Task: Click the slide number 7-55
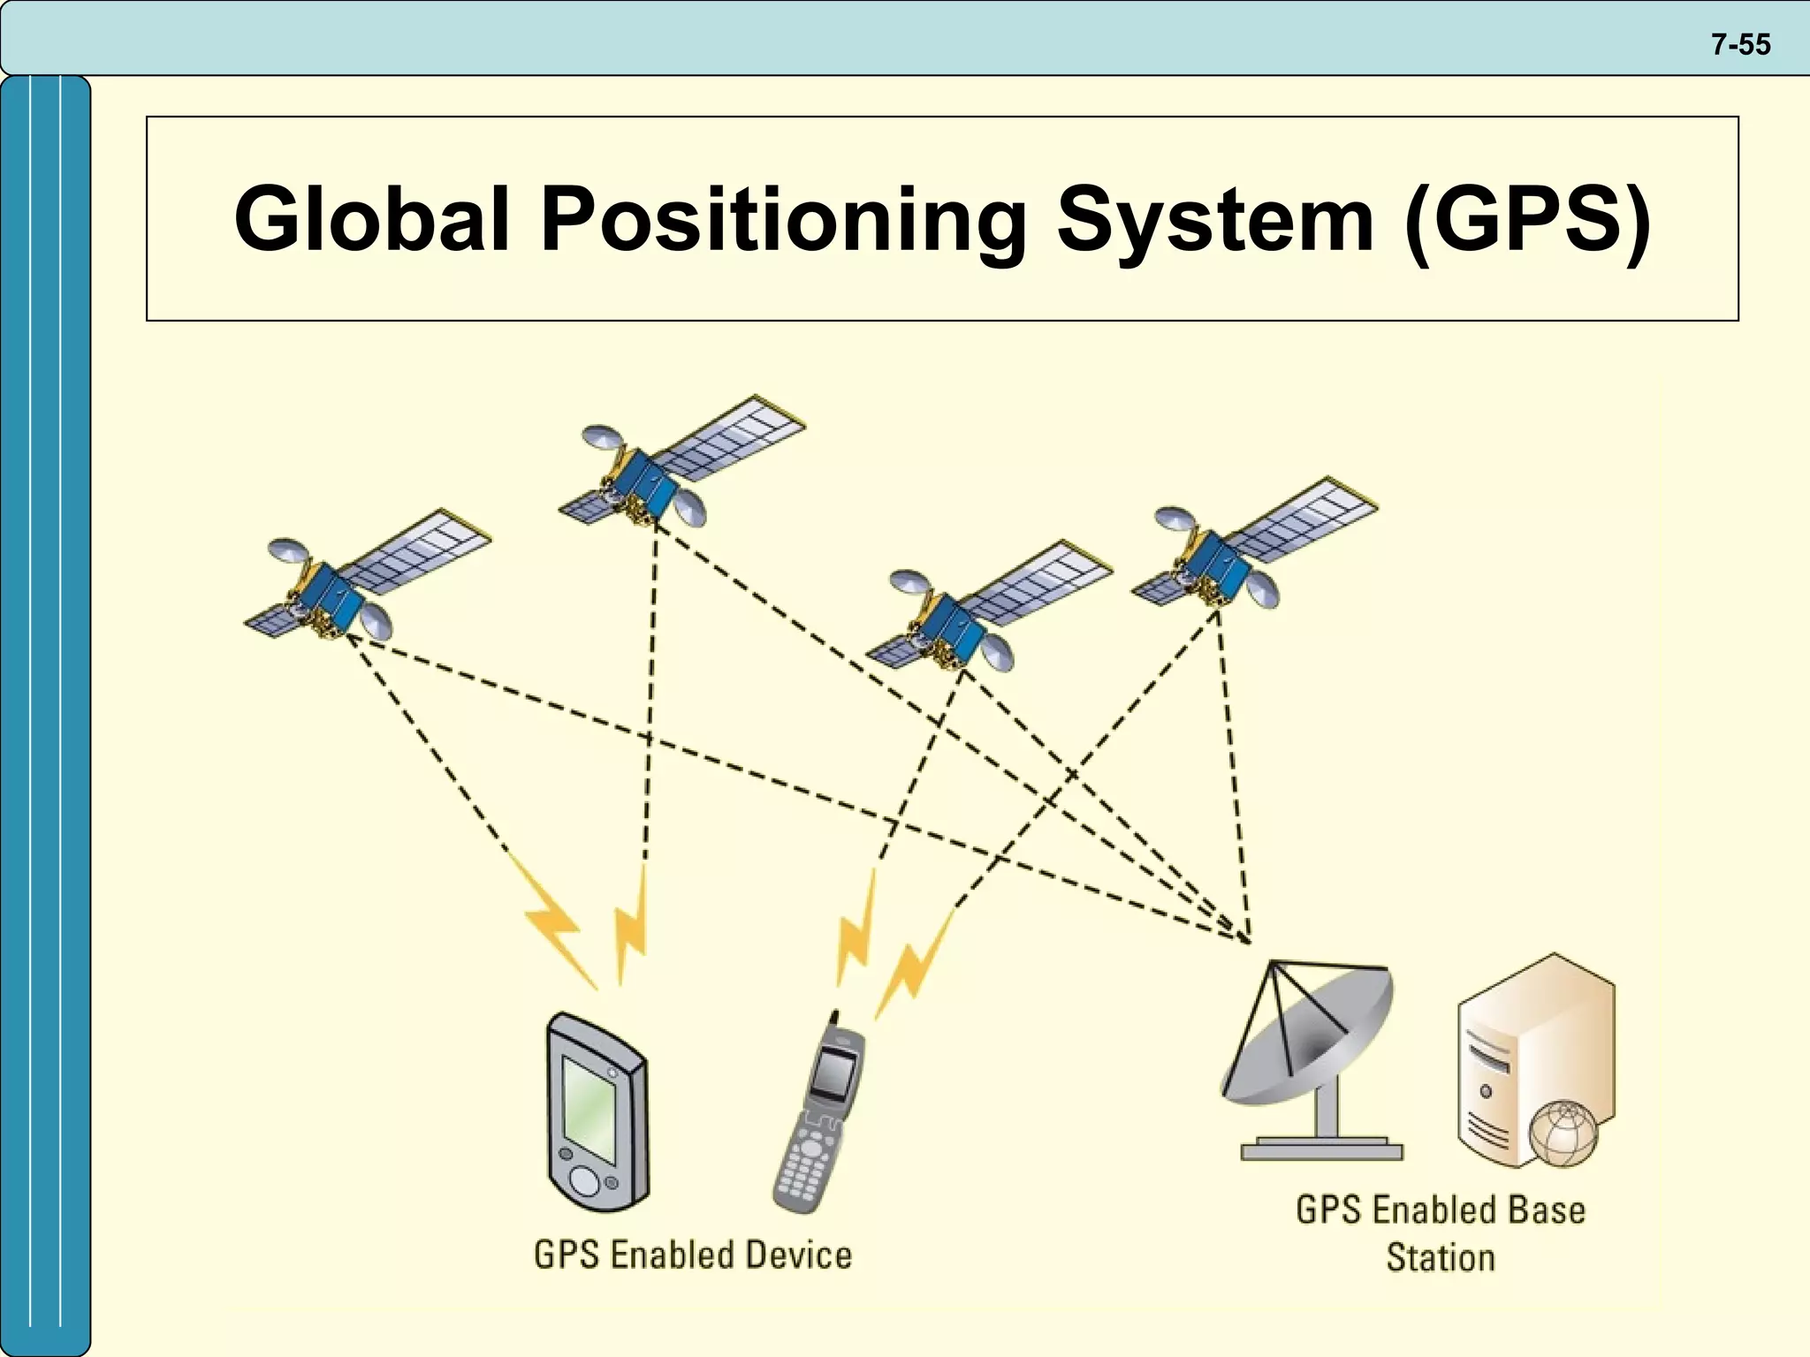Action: point(1740,44)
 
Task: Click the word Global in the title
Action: point(371,218)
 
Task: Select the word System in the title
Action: point(1214,218)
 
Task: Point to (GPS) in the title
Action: point(1527,218)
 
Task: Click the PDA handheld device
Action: point(597,1113)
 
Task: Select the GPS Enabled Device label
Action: point(693,1255)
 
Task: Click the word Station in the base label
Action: point(1440,1257)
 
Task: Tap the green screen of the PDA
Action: point(589,1109)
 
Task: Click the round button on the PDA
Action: point(584,1180)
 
